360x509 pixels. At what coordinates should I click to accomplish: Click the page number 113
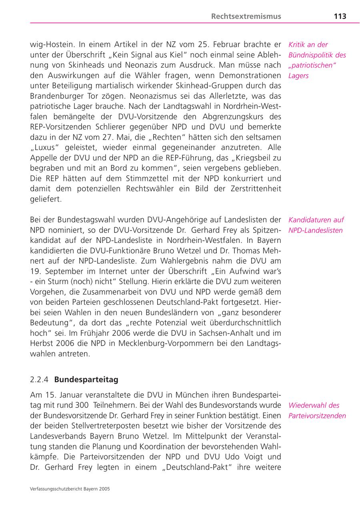coord(340,16)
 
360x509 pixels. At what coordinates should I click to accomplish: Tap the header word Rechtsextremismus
coord(246,16)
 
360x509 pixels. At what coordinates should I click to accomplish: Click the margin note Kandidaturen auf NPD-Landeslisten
coord(316,225)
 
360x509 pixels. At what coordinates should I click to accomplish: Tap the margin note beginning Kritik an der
coord(317,60)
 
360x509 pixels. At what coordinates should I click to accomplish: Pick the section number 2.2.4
coord(40,379)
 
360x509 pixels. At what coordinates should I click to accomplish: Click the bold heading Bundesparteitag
coord(86,379)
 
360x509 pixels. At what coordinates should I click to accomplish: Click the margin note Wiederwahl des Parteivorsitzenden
coord(317,411)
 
